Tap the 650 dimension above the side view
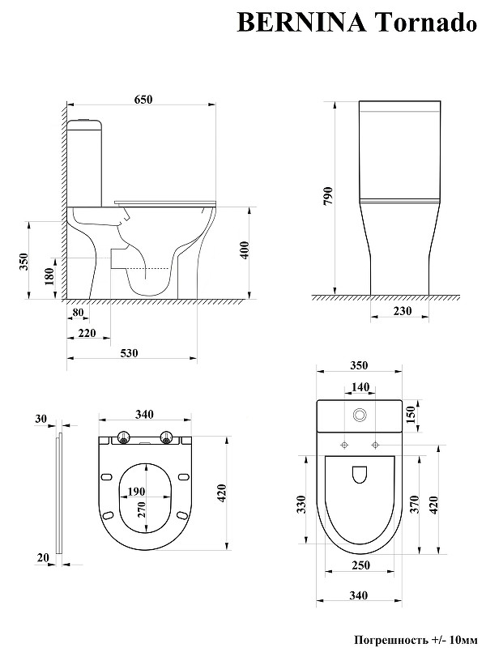(143, 99)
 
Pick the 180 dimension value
(49, 277)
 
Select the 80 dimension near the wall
(79, 313)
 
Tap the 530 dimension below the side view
(130, 352)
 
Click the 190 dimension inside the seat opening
(137, 492)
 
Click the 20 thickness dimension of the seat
(42, 556)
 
